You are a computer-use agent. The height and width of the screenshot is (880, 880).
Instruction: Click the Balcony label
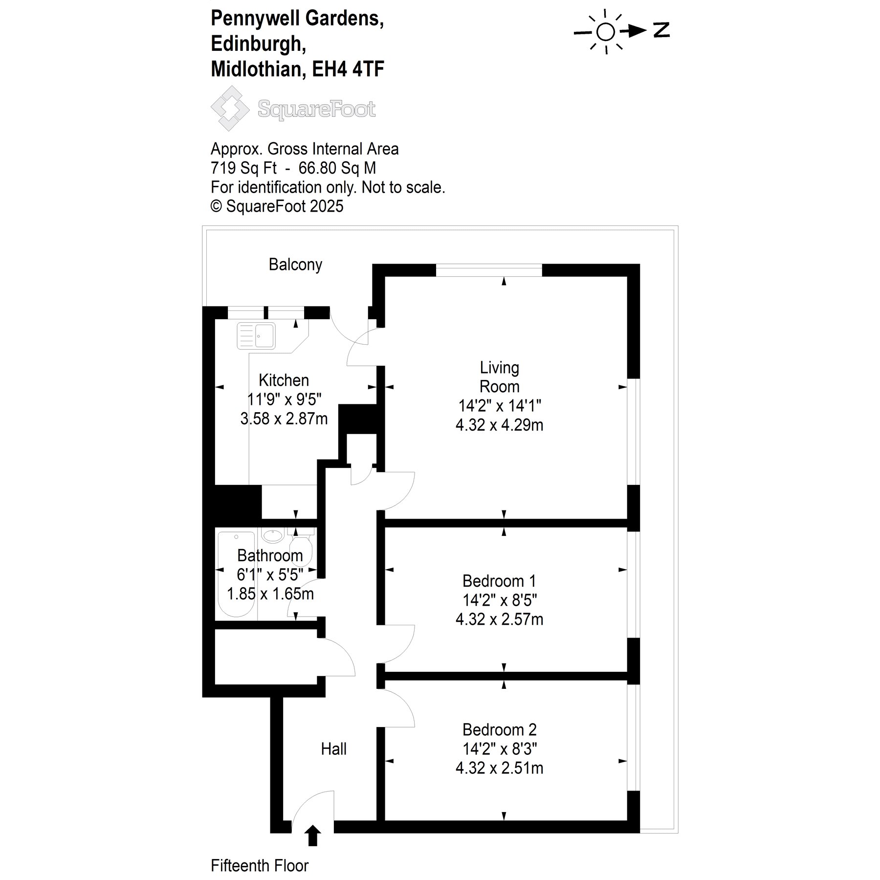[x=295, y=264]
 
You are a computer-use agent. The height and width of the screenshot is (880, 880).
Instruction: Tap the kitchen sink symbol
[x=256, y=335]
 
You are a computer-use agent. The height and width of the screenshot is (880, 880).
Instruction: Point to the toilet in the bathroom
[x=301, y=546]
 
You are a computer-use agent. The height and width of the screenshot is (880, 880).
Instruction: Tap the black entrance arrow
[x=313, y=835]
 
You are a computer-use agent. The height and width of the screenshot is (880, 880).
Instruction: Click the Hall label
[x=334, y=748]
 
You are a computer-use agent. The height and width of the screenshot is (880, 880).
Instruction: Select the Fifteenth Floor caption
[x=260, y=865]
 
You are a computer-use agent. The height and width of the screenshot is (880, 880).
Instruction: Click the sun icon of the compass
[x=605, y=32]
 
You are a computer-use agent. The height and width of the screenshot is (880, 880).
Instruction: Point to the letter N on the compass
[x=661, y=30]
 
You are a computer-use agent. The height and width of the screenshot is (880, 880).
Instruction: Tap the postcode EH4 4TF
[x=348, y=69]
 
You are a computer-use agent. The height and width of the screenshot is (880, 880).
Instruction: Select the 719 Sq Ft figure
[x=243, y=168]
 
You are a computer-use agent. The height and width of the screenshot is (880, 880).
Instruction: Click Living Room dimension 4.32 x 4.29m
[x=499, y=425]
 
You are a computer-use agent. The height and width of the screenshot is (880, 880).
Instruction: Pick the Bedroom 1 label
[x=499, y=581]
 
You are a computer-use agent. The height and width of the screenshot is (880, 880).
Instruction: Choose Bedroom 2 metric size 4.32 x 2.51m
[x=499, y=768]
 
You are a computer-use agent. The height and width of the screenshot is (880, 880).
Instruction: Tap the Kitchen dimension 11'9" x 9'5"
[x=284, y=399]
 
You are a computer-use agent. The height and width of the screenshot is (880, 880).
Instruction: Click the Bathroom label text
[x=270, y=555]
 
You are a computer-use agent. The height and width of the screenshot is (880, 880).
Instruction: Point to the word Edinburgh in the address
[x=259, y=44]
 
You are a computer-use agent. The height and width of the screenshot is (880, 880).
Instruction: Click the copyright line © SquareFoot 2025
[x=277, y=206]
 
